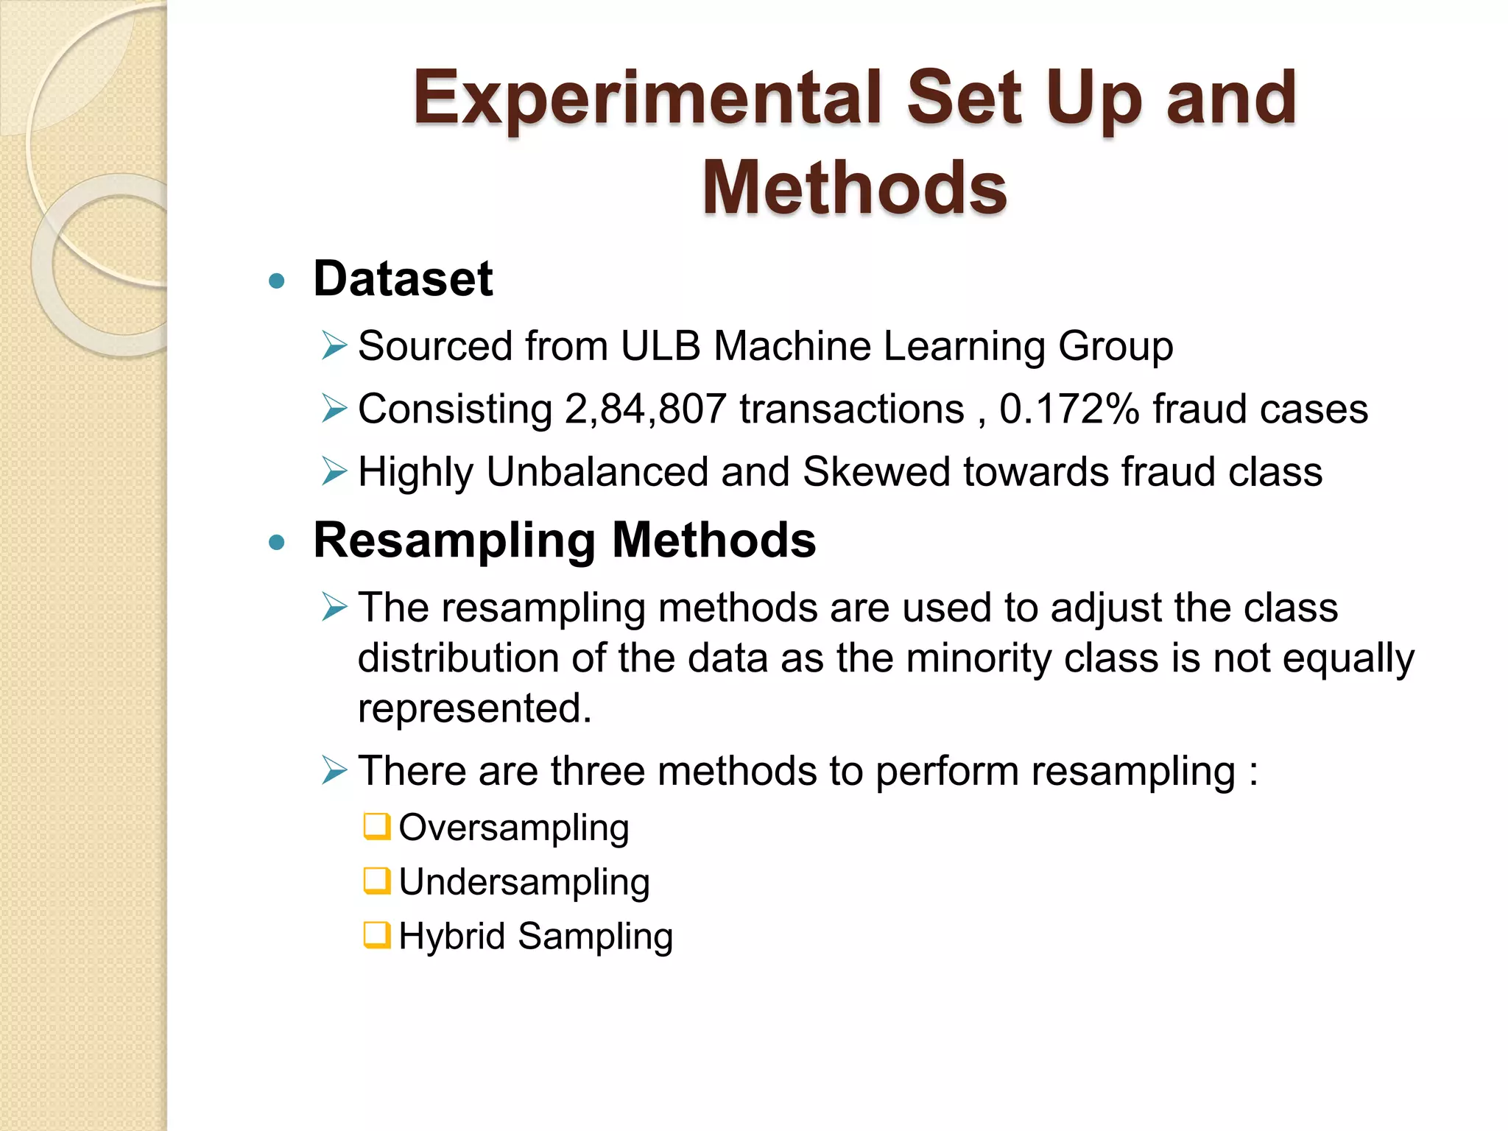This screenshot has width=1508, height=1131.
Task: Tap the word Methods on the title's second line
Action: [x=854, y=188]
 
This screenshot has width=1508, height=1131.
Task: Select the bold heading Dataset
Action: [x=403, y=279]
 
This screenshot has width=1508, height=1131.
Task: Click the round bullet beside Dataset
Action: [x=277, y=281]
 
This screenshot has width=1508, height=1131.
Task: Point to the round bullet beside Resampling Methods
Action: [x=277, y=543]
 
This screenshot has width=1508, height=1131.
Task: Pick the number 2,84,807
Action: [x=646, y=409]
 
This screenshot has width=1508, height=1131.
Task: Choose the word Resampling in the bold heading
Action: [x=454, y=542]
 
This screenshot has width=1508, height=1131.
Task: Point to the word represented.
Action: [x=474, y=708]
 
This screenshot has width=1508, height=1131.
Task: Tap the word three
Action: [x=597, y=771]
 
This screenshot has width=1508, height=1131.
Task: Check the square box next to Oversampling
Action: [x=376, y=826]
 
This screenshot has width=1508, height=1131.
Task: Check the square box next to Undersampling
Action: [x=376, y=881]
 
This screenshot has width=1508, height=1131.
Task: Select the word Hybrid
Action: [x=451, y=937]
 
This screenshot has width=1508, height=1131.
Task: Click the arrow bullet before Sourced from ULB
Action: [x=334, y=345]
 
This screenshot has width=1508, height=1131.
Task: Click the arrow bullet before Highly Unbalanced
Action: [x=334, y=471]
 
